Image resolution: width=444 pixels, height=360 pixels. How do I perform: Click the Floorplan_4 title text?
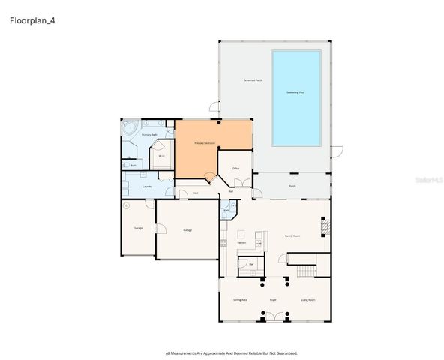pyautogui.click(x=32, y=20)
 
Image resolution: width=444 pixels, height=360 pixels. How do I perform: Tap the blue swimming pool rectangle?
pyautogui.click(x=296, y=97)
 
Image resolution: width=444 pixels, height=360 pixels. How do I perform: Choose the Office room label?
pyautogui.click(x=235, y=169)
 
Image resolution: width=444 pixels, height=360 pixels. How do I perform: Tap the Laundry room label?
pyautogui.click(x=148, y=187)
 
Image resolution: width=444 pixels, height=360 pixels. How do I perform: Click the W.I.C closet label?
pyautogui.click(x=161, y=156)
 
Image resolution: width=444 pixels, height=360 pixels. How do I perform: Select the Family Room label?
pyautogui.click(x=292, y=235)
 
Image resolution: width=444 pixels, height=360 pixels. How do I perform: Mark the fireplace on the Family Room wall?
pyautogui.click(x=324, y=226)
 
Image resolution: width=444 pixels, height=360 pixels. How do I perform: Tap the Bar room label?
pyautogui.click(x=252, y=264)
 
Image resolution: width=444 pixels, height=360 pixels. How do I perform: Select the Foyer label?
pyautogui.click(x=274, y=299)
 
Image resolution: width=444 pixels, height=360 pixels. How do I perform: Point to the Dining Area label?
pyautogui.click(x=240, y=299)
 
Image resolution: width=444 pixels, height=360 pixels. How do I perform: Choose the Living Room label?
pyautogui.click(x=307, y=299)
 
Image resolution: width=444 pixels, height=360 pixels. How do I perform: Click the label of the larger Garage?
pyautogui.click(x=187, y=230)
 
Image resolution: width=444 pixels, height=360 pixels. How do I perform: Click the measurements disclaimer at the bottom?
pyautogui.click(x=231, y=352)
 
